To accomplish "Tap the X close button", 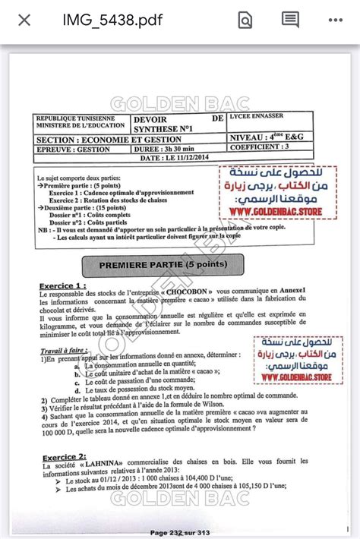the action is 24,20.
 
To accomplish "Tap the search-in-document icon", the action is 245,20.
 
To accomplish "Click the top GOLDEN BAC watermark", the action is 179,102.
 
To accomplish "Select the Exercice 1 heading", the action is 63,286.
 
